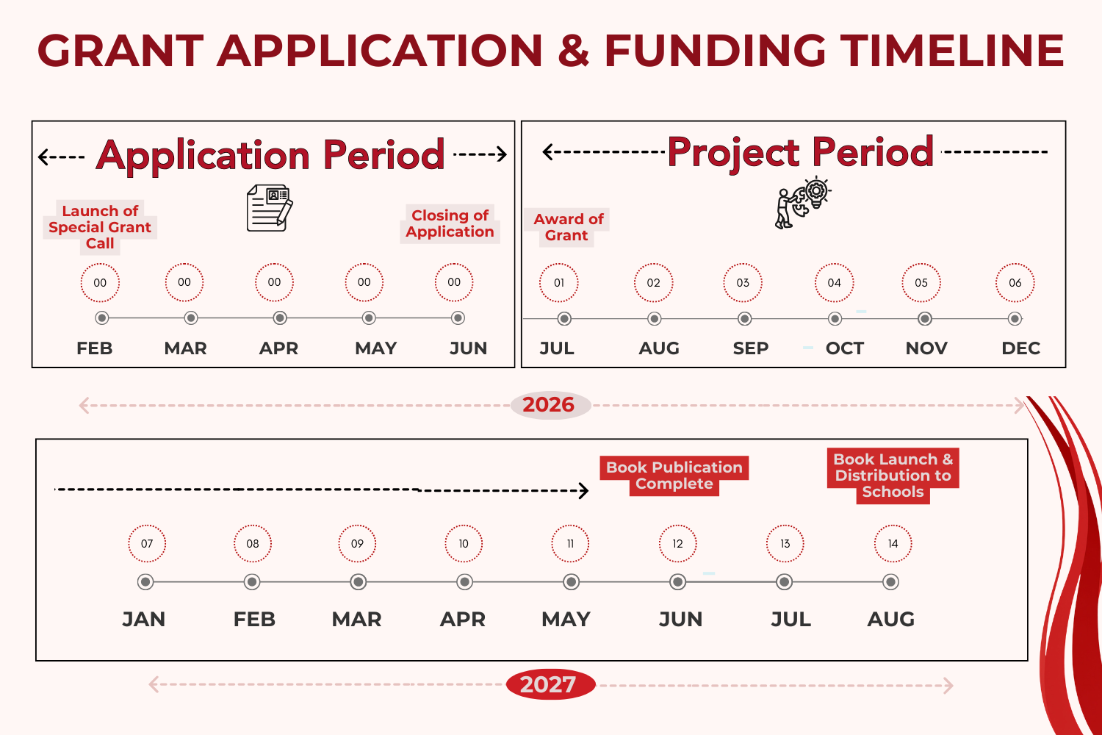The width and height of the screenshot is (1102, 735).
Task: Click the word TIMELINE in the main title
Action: [952, 51]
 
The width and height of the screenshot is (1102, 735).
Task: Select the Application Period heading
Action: [270, 155]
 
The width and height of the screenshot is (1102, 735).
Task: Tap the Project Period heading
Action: [800, 152]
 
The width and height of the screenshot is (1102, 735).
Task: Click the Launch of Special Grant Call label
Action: [100, 227]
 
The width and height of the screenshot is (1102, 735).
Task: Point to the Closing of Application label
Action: [450, 223]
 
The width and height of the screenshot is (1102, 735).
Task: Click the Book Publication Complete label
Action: [674, 476]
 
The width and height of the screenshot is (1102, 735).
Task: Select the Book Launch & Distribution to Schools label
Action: [893, 476]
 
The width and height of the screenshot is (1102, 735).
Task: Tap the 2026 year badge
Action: [549, 404]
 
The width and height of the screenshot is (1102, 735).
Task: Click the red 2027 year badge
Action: [549, 684]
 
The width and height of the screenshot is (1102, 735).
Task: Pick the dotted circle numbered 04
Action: [834, 282]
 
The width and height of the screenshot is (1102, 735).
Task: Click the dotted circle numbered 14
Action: [893, 544]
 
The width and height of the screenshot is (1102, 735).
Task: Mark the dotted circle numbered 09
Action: [357, 544]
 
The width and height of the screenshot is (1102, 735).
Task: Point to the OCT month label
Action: [844, 348]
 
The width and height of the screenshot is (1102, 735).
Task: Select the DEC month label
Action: [1020, 348]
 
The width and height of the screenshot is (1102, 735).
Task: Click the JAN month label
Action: [144, 619]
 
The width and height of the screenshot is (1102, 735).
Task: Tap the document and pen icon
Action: [269, 208]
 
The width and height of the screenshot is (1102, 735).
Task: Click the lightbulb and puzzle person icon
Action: [802, 202]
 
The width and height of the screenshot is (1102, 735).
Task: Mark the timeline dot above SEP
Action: [744, 319]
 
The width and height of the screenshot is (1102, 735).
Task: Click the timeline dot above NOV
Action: [925, 319]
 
